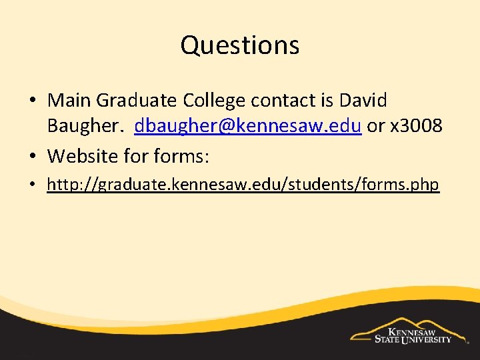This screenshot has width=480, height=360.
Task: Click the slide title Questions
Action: (x=239, y=45)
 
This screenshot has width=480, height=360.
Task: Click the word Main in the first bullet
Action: (x=69, y=101)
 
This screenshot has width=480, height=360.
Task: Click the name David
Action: (x=363, y=101)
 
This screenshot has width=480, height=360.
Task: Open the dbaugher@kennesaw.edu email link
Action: (x=248, y=125)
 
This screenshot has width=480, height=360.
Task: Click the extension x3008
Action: (x=415, y=125)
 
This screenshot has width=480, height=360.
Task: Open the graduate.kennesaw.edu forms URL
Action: (x=243, y=185)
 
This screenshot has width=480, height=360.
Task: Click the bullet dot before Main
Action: (x=33, y=101)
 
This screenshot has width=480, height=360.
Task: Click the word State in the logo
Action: (x=385, y=339)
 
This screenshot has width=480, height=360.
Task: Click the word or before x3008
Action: (x=376, y=125)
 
